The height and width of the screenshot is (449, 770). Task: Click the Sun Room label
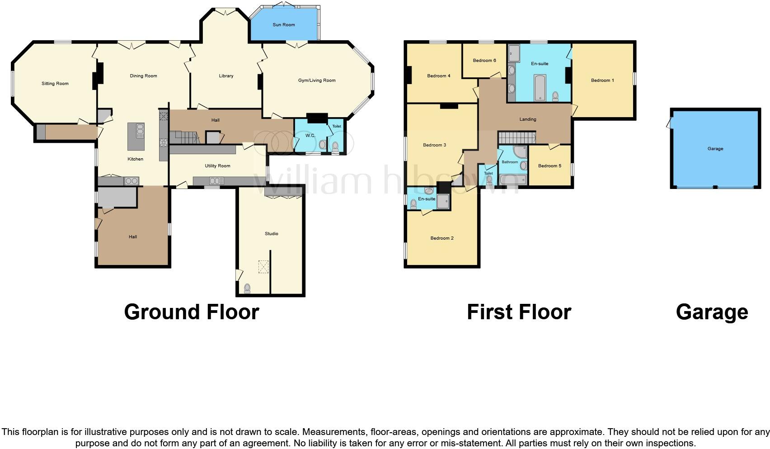pyautogui.click(x=283, y=25)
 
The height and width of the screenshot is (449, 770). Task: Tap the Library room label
pyautogui.click(x=226, y=76)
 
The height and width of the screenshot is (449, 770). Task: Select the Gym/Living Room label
pyautogui.click(x=317, y=80)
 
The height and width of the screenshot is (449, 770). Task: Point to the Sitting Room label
pyautogui.click(x=55, y=84)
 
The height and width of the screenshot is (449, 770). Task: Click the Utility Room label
pyautogui.click(x=217, y=166)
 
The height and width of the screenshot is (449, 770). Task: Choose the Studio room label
pyautogui.click(x=271, y=234)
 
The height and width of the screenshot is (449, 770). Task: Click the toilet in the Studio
pyautogui.click(x=247, y=288)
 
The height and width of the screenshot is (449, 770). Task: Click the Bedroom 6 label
pyautogui.click(x=484, y=61)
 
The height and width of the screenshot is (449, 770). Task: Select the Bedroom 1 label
pyautogui.click(x=602, y=80)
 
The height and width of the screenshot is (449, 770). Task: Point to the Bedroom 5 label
pyautogui.click(x=549, y=166)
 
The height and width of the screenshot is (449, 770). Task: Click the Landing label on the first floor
pyautogui.click(x=528, y=119)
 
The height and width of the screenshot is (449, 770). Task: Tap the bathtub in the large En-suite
pyautogui.click(x=540, y=88)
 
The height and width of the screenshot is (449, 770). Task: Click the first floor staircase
pyautogui.click(x=516, y=137)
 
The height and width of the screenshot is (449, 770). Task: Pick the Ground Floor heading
pyautogui.click(x=191, y=312)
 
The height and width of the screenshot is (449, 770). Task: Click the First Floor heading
pyautogui.click(x=519, y=312)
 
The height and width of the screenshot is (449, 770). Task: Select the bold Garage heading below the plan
pyautogui.click(x=712, y=312)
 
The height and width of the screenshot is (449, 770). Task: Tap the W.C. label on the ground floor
pyautogui.click(x=310, y=136)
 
